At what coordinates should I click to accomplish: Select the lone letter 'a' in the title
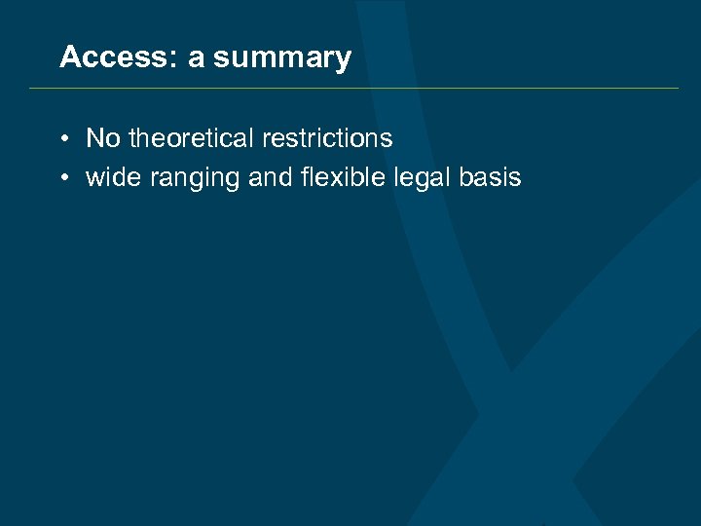click(196, 59)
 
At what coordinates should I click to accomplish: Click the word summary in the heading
click(282, 59)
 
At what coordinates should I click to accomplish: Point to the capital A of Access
click(70, 57)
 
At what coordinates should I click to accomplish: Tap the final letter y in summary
click(344, 61)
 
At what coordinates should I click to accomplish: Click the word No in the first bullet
click(103, 138)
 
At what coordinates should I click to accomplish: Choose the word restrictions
click(327, 138)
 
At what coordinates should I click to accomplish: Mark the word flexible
click(330, 177)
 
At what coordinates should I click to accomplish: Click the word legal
click(418, 178)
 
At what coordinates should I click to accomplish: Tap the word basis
click(492, 177)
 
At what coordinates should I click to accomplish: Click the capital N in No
click(94, 138)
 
